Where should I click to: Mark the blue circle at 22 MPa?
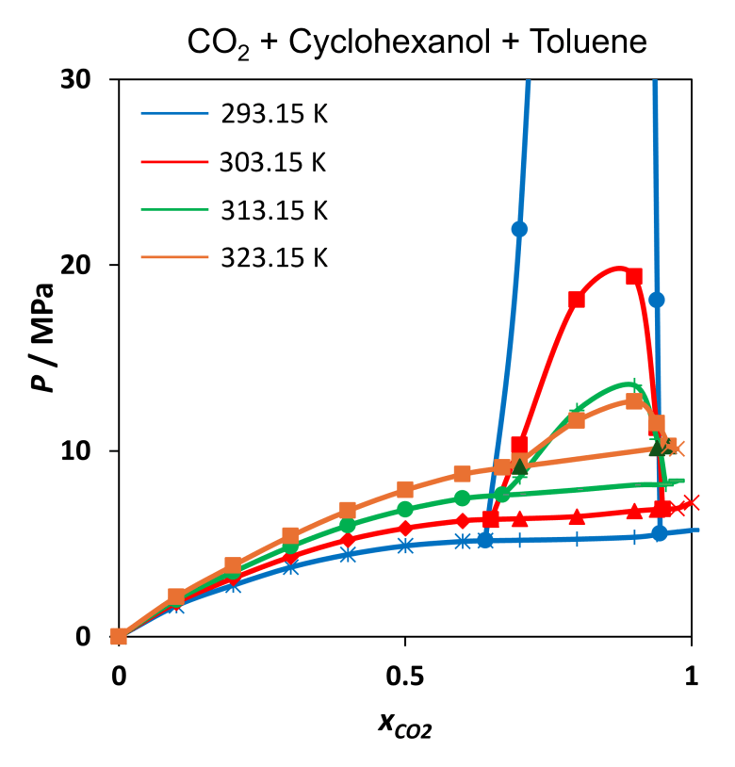point(519,229)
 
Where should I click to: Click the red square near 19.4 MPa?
point(634,276)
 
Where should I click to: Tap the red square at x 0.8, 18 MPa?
point(577,300)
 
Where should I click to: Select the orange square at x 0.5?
point(405,489)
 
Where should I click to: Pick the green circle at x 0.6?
point(463,498)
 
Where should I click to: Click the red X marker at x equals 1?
point(693,502)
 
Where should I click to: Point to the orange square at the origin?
point(119,637)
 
